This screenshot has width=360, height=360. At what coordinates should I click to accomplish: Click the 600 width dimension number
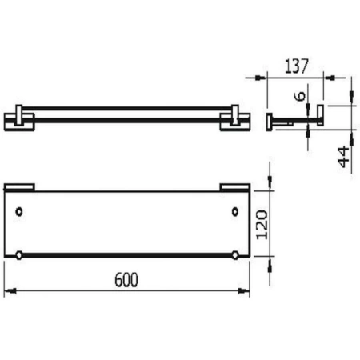[127, 279]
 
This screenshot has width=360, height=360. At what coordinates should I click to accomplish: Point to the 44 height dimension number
[343, 156]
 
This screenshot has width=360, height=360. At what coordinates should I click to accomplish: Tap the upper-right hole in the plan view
[235, 212]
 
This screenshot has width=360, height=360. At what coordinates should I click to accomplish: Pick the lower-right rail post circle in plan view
[235, 255]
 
